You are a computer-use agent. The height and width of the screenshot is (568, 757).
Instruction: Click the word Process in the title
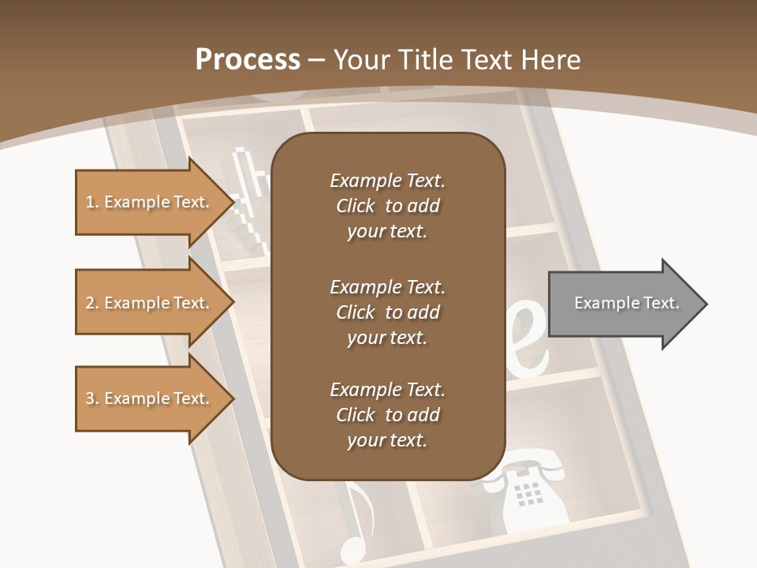click(x=248, y=60)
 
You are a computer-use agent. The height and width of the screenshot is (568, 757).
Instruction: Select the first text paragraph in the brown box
click(x=387, y=206)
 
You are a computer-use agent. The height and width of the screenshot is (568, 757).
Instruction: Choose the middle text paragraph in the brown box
click(x=387, y=312)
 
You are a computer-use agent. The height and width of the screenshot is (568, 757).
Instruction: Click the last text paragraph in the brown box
click(x=387, y=415)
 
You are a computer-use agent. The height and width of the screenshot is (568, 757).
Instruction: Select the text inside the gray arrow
click(x=626, y=303)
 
